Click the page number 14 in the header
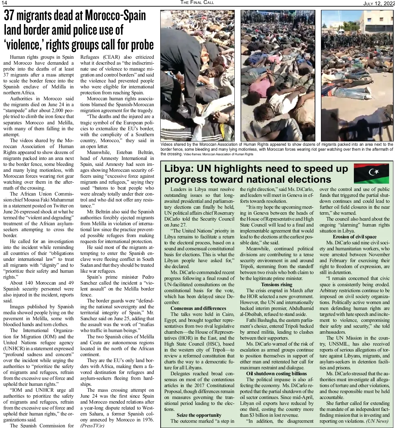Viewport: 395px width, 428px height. pyautogui.click(x=4, y=3)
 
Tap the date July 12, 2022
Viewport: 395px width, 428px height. pyautogui.click(x=379, y=3)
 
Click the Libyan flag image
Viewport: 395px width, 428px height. pyautogui.click(x=372, y=173)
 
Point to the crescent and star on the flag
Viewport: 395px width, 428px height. pyautogui.click(x=374, y=172)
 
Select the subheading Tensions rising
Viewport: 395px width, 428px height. pyautogui.click(x=276, y=285)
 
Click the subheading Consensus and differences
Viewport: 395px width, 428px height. pyautogui.click(x=198, y=308)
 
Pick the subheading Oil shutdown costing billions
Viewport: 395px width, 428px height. pyautogui.click(x=276, y=374)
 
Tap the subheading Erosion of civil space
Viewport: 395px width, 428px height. pyautogui.click(x=355, y=237)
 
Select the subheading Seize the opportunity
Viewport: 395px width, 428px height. pyautogui.click(x=199, y=415)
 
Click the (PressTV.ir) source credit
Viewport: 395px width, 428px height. pyautogui.click(x=92, y=426)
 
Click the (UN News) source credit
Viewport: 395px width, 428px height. pyautogui.click(x=377, y=421)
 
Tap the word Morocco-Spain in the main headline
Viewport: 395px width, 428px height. pyautogui.click(x=115, y=16)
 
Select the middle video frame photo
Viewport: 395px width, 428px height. pyautogui.click(x=278, y=76)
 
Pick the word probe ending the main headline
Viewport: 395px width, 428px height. pyautogui.click(x=141, y=45)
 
